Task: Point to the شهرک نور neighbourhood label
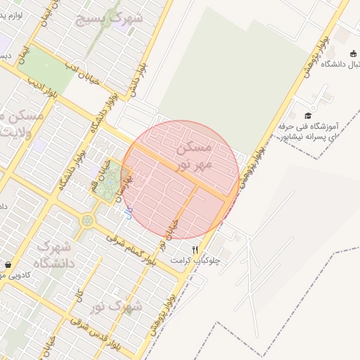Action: (x=117, y=307)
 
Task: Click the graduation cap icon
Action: (x=308, y=115)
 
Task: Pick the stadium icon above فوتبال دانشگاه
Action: (x=352, y=54)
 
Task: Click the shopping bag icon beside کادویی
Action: (x=8, y=265)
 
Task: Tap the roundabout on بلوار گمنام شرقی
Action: (x=87, y=220)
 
